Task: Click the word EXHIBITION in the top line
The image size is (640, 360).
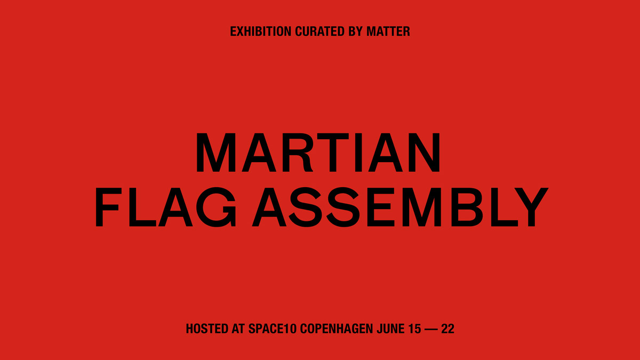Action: [x=261, y=31]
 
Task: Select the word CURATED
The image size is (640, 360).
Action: [x=319, y=31]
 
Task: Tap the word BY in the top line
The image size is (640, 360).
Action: [x=355, y=31]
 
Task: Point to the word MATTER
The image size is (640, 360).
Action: [x=388, y=31]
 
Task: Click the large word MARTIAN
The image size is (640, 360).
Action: [x=318, y=153]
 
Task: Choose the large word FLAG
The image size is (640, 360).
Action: [x=166, y=207]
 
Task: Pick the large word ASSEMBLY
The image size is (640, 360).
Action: [x=400, y=207]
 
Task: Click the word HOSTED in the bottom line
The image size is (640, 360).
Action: [x=207, y=329]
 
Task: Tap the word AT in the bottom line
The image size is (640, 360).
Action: [x=238, y=329]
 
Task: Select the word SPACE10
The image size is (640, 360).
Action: [x=273, y=329]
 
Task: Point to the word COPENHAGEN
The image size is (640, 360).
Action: [x=337, y=329]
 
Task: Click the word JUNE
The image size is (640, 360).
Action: [x=390, y=329]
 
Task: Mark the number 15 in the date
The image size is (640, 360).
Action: [x=415, y=329]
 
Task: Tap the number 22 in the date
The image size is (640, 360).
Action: [x=447, y=329]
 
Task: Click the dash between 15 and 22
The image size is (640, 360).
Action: [x=431, y=330]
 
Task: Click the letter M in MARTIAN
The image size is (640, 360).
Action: [x=216, y=153]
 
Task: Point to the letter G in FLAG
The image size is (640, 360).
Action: [x=217, y=207]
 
